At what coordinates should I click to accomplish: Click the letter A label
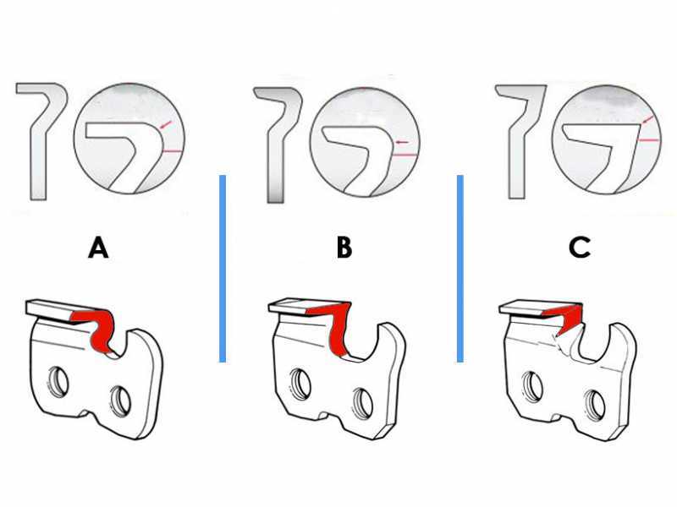[98, 248]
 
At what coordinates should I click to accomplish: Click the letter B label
[344, 248]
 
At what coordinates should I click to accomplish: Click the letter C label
[580, 248]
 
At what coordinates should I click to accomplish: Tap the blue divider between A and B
[223, 269]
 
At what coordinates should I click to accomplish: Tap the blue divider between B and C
[460, 269]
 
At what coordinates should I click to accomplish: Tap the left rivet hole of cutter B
[300, 383]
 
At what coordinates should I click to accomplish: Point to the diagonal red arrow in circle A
[165, 124]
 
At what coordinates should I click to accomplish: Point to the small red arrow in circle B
[402, 142]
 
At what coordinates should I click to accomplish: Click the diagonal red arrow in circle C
[647, 119]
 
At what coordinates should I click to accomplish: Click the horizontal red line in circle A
[173, 151]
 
